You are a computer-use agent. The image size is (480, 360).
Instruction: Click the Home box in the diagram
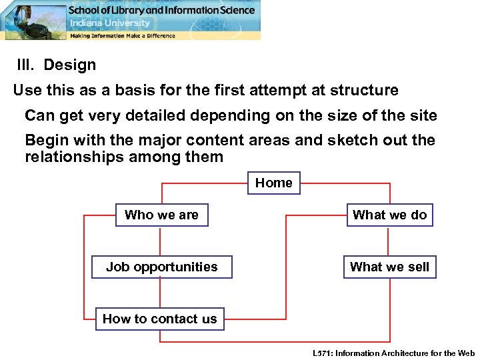click(274, 183)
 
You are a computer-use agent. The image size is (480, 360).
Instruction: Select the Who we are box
click(161, 215)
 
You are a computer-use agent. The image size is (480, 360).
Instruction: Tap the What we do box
click(389, 215)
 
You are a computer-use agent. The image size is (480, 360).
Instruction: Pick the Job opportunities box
click(161, 267)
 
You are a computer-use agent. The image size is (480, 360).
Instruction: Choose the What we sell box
click(389, 267)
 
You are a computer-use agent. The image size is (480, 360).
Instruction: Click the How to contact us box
click(159, 319)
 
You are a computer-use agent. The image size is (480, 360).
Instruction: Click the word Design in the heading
click(69, 65)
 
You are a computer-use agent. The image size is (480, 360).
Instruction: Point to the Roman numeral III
click(26, 65)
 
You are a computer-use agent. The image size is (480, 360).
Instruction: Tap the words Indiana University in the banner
click(111, 23)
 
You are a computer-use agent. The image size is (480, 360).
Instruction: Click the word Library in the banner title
click(131, 10)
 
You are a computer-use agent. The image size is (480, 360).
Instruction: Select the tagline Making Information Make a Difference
click(123, 35)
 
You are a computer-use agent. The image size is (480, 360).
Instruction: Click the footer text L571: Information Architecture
click(393, 353)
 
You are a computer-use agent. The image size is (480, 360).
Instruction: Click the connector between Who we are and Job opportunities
click(160, 241)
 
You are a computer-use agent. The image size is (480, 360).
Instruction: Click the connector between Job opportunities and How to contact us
click(160, 293)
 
